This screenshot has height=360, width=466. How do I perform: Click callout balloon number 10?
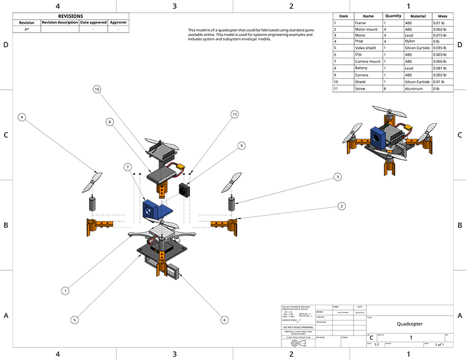pyautogui.click(x=97, y=89)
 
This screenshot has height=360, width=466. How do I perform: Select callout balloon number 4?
pyautogui.click(x=22, y=117)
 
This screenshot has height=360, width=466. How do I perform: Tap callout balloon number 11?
pyautogui.click(x=235, y=114)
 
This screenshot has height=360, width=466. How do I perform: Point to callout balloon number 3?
pyautogui.click(x=337, y=177)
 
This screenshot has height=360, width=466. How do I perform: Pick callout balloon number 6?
pyautogui.click(x=224, y=319)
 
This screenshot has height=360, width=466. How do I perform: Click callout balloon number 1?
pyautogui.click(x=66, y=290)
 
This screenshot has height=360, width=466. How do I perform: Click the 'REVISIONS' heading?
pyautogui.click(x=70, y=16)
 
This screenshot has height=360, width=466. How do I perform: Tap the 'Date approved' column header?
pyautogui.click(x=93, y=23)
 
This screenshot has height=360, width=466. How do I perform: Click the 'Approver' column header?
pyautogui.click(x=118, y=23)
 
